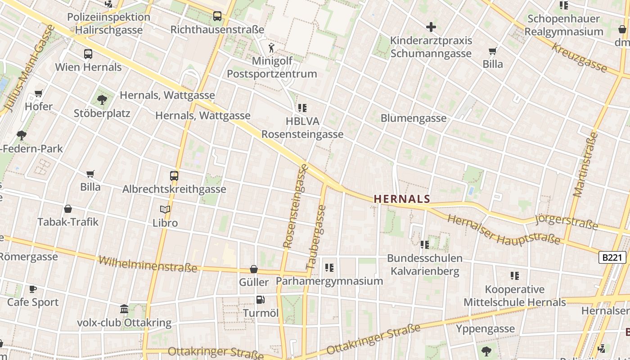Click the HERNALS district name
pos(402,198)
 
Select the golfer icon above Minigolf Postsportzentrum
pos(271,48)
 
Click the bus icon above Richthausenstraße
pos(217,16)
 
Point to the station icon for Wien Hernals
pos(88,54)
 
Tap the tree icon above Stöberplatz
pos(102,99)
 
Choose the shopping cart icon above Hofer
pos(39,94)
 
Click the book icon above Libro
pos(165,209)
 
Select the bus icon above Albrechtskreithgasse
pos(174,176)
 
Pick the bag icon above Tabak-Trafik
pos(68,209)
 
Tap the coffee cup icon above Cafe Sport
pos(32,289)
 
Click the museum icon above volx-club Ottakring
pos(124,309)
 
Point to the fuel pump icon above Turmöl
pos(260,300)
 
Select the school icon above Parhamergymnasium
pos(329,268)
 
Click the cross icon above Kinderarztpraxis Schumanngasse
pos(431,27)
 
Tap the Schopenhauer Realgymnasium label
pos(563,25)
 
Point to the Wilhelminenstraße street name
pos(148,264)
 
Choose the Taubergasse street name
pos(316,237)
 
